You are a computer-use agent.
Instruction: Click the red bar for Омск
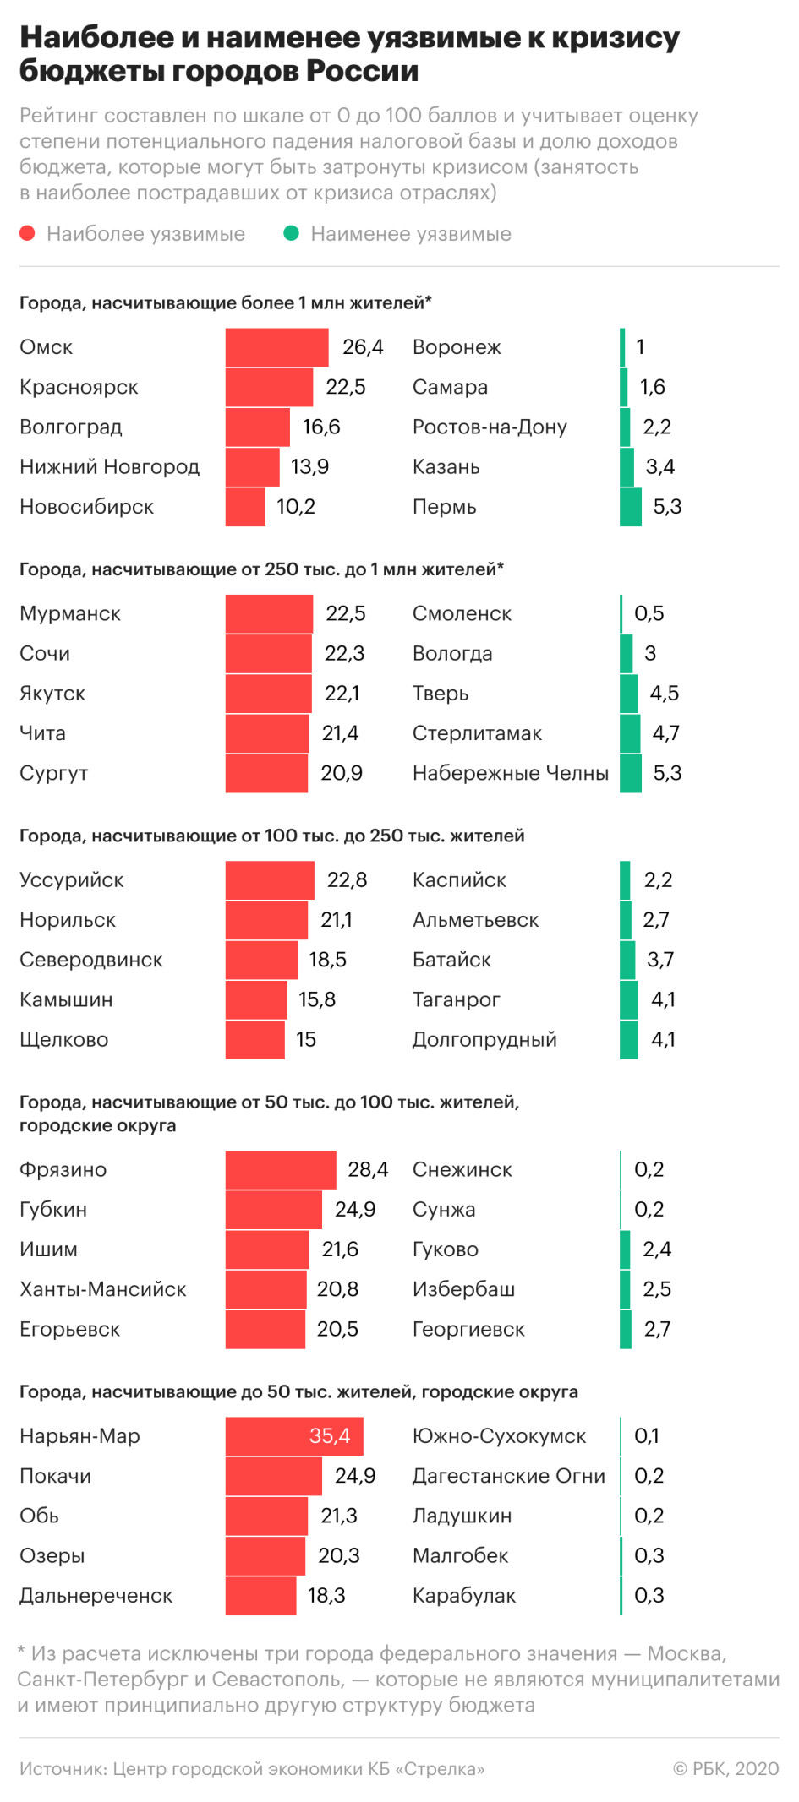coord(276,347)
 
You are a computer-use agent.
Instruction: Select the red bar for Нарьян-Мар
coord(293,1435)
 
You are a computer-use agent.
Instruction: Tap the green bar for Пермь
coord(630,507)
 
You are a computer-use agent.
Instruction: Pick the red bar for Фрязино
coord(280,1169)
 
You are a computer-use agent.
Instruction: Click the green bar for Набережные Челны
coord(630,773)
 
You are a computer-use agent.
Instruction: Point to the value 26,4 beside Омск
coord(363,347)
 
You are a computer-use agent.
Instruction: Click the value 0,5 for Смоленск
coord(649,613)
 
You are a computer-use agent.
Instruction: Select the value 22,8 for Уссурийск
coord(347,879)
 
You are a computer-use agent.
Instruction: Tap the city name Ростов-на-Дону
coord(490,427)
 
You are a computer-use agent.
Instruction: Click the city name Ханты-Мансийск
coord(103,1289)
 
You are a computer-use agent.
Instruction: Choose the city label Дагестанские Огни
coord(508,1476)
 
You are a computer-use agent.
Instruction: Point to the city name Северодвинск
coord(91,960)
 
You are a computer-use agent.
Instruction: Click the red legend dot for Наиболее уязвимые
coord(28,233)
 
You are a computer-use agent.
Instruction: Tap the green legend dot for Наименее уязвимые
coord(292,233)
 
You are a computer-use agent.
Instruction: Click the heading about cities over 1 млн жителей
coord(225,302)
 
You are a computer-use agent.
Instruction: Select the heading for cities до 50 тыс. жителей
coord(298,1391)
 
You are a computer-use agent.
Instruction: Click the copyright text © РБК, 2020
coord(725,1768)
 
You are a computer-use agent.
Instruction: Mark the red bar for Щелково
coord(254,1039)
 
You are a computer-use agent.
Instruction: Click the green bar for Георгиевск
coord(626,1329)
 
